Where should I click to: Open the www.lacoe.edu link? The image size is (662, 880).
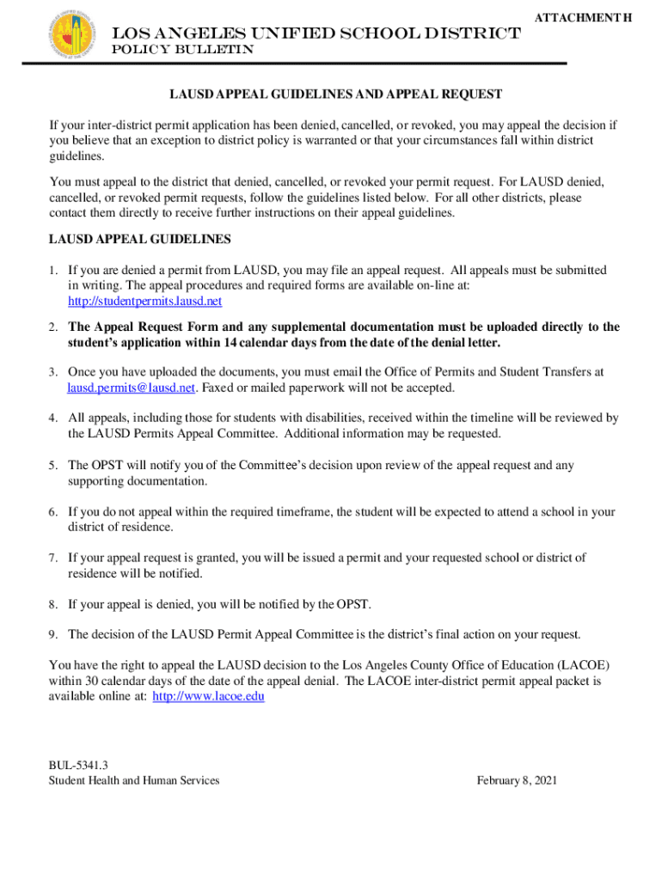point(208,697)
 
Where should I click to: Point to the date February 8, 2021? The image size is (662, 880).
point(517,780)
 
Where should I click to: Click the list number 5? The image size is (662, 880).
point(53,465)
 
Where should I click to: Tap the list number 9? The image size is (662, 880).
point(53,634)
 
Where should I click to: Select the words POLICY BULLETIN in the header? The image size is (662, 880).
point(183,50)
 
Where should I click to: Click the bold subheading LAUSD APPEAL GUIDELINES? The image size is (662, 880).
point(140,239)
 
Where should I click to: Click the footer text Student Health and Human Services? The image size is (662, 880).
point(134,780)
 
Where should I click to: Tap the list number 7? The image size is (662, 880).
point(53,558)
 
